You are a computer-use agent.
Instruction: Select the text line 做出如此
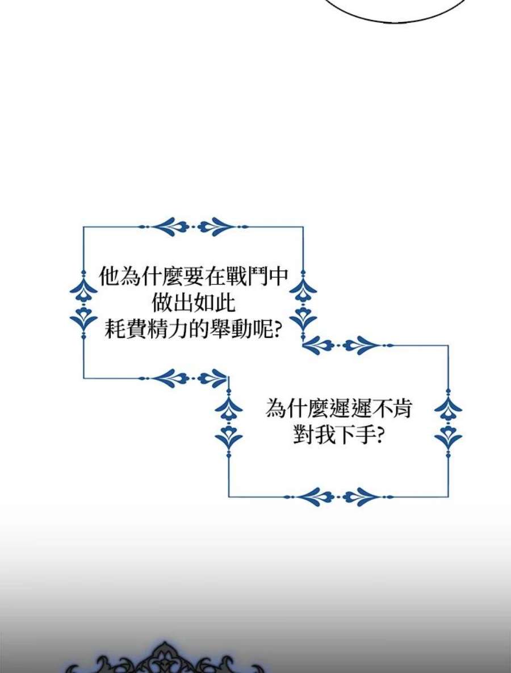pos(194,303)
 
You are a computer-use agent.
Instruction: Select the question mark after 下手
pos(379,435)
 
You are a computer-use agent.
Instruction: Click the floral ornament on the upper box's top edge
pos(194,227)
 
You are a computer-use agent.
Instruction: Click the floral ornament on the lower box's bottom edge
pos(338,496)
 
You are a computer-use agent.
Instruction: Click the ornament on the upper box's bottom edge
pos(183,378)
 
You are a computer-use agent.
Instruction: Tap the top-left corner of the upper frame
pos(83,227)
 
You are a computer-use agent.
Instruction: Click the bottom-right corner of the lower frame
pos(448,496)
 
